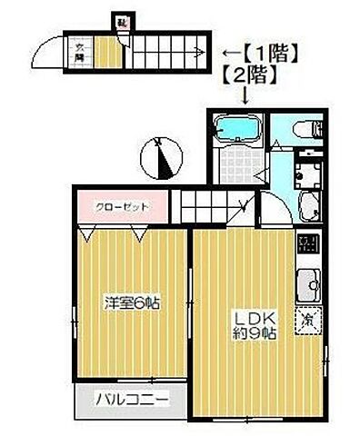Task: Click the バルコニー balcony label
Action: [x=132, y=399]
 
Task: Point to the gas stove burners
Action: [x=308, y=245]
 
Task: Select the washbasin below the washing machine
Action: [x=308, y=205]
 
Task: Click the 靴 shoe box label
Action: [x=121, y=19]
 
